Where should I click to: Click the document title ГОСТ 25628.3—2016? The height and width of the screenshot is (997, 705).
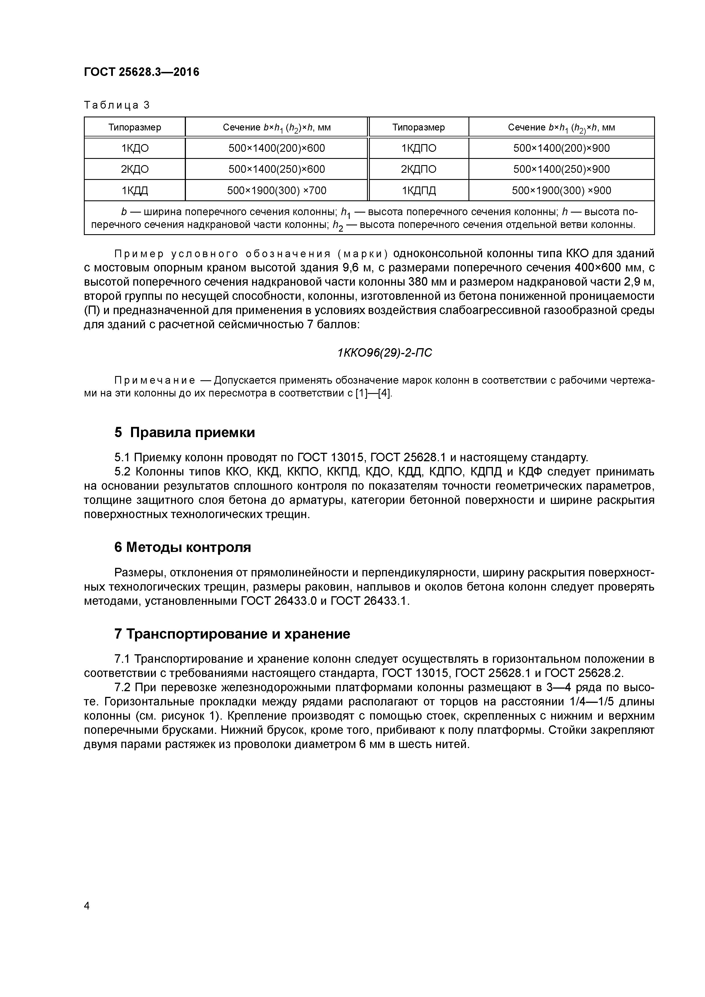point(141,72)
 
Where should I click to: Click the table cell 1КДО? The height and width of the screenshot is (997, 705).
point(135,149)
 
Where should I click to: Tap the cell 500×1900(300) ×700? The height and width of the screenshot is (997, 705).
point(277,190)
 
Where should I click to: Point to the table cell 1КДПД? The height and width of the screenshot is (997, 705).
point(418,190)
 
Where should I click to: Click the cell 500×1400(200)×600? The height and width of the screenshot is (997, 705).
point(277,149)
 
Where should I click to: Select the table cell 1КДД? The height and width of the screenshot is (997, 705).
point(135,190)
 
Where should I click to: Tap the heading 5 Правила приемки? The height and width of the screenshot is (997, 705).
point(184,433)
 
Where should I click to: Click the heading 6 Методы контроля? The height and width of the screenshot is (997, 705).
point(183,547)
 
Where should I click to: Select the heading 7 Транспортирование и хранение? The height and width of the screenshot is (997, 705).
point(232,634)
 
